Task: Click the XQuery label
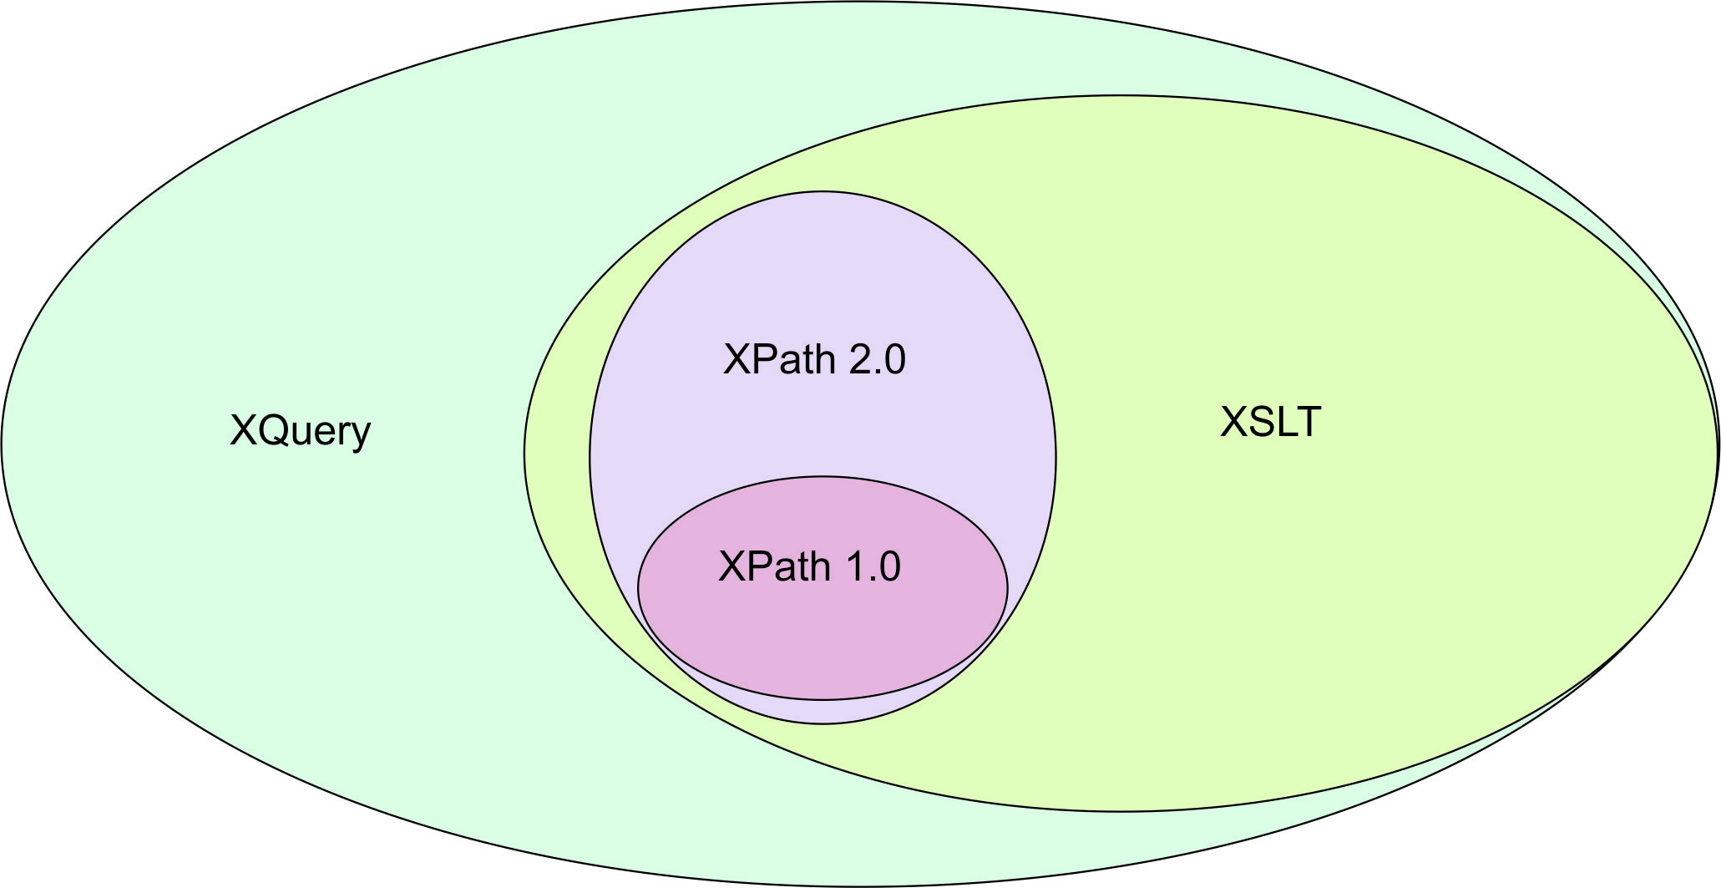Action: click(300, 432)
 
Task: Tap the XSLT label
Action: click(1271, 422)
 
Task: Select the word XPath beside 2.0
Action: click(779, 360)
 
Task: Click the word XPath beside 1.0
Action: click(774, 567)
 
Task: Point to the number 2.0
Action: click(877, 360)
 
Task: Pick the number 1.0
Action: click(873, 567)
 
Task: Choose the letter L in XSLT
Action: click(1287, 422)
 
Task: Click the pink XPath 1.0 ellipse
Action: click(823, 635)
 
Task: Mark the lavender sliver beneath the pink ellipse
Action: click(823, 712)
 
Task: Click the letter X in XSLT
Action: click(1233, 422)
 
